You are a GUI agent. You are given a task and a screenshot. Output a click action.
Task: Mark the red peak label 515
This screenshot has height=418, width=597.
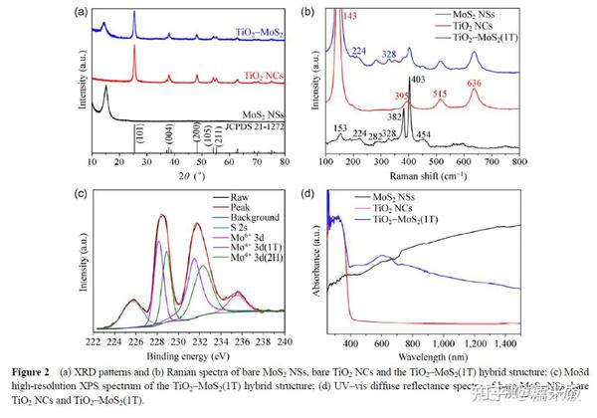pyautogui.click(x=441, y=93)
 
